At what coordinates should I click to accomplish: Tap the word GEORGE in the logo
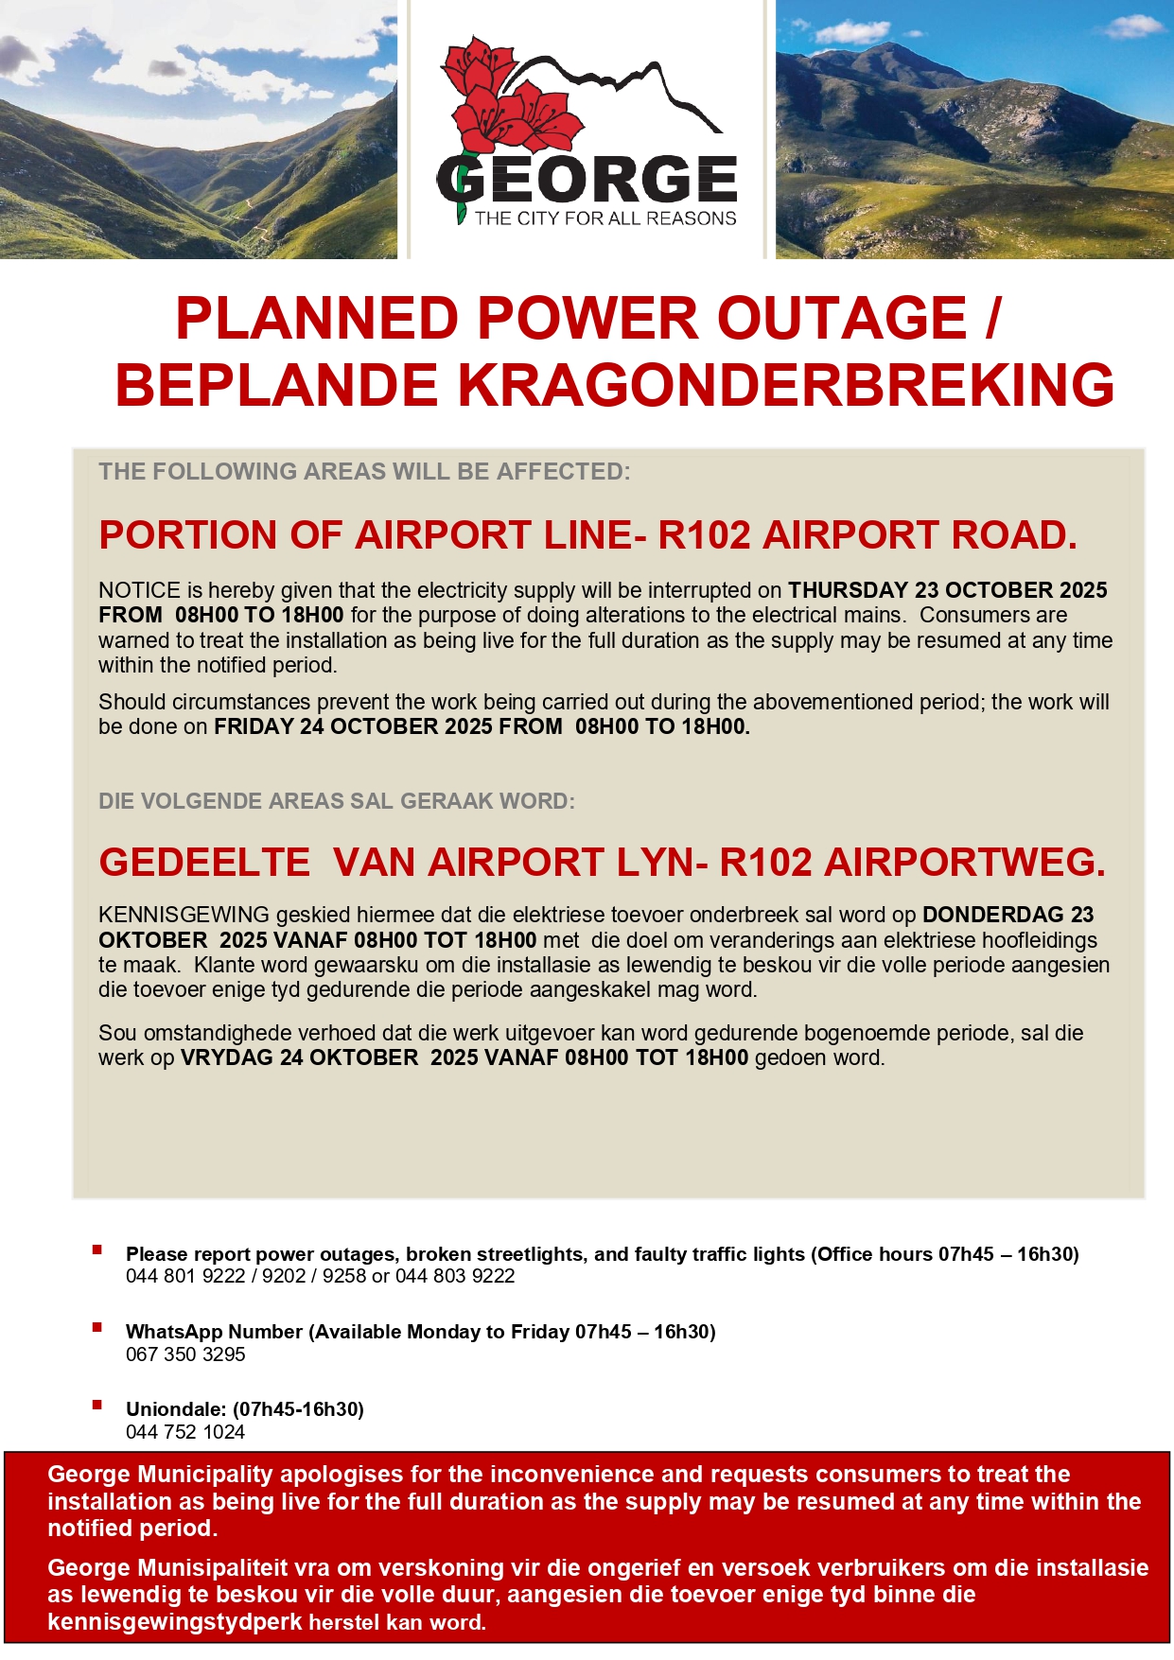pyautogui.click(x=587, y=180)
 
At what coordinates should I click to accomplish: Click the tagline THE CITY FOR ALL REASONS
pyautogui.click(x=605, y=218)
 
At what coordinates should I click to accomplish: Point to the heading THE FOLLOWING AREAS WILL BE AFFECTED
pyautogui.click(x=364, y=471)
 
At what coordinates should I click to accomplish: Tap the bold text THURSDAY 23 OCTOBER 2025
pyautogui.click(x=947, y=590)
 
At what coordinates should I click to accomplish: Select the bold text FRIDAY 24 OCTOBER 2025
pyautogui.click(x=353, y=726)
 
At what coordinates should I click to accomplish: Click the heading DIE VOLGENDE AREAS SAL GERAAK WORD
pyautogui.click(x=337, y=801)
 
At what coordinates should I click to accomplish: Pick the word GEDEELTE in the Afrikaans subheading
pyautogui.click(x=204, y=863)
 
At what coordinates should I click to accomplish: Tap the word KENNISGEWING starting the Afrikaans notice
pyautogui.click(x=184, y=915)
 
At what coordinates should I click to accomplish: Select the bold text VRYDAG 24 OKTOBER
pyautogui.click(x=299, y=1057)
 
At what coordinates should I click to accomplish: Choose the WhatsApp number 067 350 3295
pyautogui.click(x=185, y=1354)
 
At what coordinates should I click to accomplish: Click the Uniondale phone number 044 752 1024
pyautogui.click(x=185, y=1432)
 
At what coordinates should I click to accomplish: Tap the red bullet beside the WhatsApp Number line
pyautogui.click(x=97, y=1328)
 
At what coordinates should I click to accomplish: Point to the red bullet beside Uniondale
pyautogui.click(x=97, y=1406)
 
